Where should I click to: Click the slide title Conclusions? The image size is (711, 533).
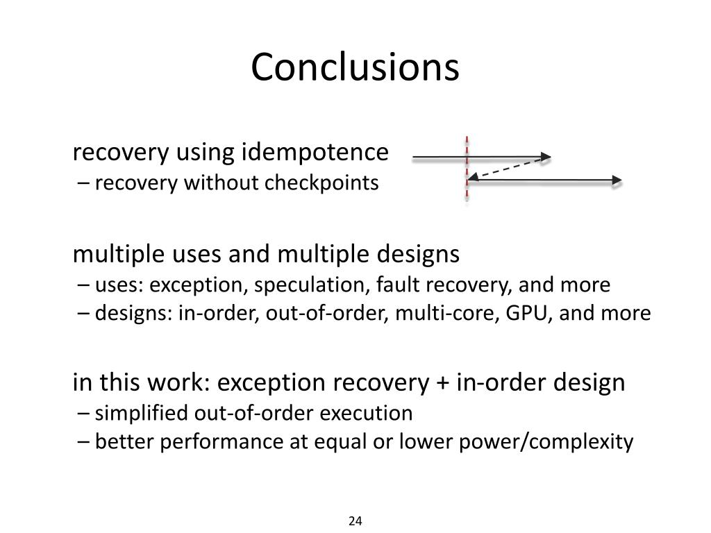click(355, 67)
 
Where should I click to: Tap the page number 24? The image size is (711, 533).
click(355, 521)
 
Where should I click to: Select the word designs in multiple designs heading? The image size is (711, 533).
click(418, 255)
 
